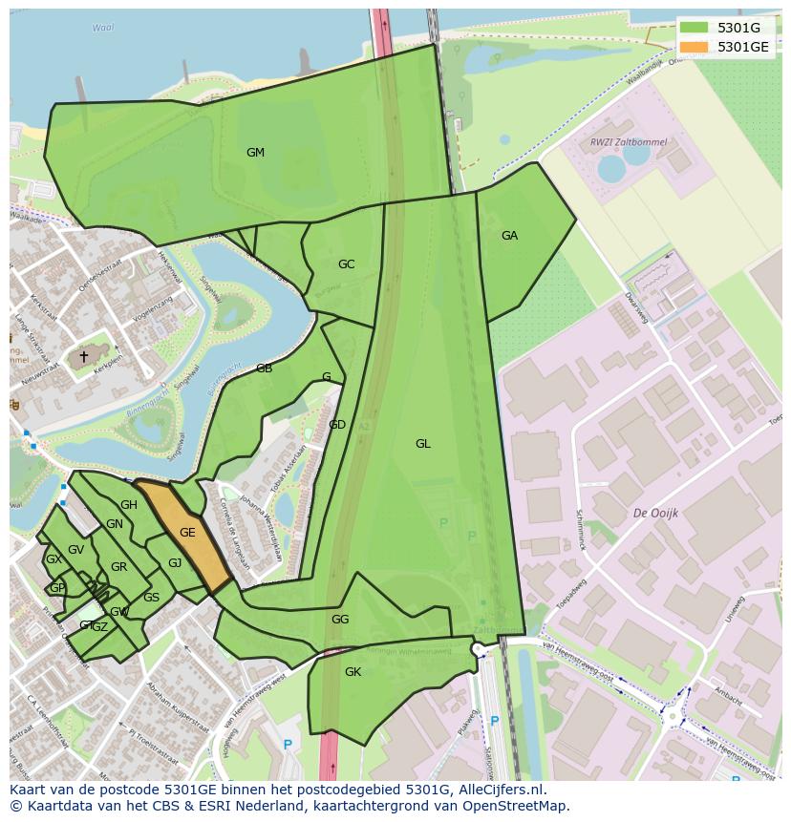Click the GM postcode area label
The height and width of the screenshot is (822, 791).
point(255,153)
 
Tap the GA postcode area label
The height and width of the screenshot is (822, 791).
point(509,236)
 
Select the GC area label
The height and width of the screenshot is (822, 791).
point(346,264)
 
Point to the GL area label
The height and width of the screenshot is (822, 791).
point(422,444)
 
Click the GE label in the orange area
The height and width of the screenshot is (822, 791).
point(187,533)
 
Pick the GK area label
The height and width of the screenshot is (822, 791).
point(353,672)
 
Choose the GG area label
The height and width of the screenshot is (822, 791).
point(340,620)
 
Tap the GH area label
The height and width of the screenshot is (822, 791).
point(128,505)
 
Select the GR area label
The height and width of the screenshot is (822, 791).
point(118,567)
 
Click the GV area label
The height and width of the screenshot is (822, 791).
point(76,550)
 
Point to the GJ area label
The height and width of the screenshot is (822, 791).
point(175,563)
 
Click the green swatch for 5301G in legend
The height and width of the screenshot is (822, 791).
point(695,29)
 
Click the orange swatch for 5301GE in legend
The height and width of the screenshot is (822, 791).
point(695,47)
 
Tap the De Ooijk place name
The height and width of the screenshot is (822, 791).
point(655,514)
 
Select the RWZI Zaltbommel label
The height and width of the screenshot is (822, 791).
point(628,142)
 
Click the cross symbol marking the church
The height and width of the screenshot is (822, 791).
point(84,357)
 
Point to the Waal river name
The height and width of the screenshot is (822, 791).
point(102,29)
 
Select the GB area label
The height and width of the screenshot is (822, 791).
point(264,369)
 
